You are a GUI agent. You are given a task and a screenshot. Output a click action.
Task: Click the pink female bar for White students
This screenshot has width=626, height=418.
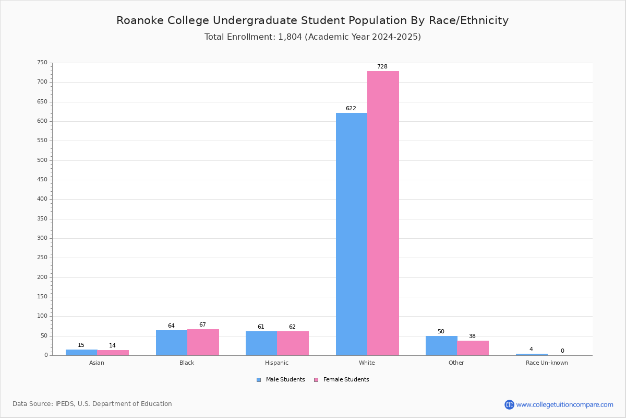(x=383, y=213)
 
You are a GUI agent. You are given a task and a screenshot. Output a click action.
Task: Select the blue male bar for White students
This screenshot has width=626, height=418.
(x=352, y=234)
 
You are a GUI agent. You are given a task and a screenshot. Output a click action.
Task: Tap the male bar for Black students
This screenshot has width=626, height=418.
(x=172, y=343)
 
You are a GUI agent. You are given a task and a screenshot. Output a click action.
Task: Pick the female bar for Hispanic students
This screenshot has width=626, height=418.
(x=293, y=343)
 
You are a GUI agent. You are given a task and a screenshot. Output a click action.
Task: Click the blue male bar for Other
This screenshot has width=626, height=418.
(x=441, y=345)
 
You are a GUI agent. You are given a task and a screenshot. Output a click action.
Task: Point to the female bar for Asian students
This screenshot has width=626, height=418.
(x=113, y=353)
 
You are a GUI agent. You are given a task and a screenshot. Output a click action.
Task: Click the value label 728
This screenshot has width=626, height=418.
(x=382, y=66)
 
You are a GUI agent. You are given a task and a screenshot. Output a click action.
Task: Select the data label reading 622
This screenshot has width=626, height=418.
(x=351, y=108)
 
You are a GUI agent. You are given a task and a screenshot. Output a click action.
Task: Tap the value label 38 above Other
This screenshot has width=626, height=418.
(x=472, y=336)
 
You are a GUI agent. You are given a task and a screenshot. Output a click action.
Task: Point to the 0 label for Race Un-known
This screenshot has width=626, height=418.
(x=562, y=351)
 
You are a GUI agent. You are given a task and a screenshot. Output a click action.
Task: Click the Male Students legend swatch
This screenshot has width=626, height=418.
(x=259, y=380)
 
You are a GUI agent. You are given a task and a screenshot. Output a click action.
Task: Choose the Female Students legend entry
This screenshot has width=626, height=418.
(x=342, y=380)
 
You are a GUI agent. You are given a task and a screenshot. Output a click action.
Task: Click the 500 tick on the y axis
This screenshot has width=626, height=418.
(x=42, y=160)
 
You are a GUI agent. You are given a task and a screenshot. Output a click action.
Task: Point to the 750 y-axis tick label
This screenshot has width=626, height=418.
(x=42, y=62)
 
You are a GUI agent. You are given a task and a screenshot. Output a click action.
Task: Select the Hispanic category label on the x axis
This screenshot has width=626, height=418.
(x=276, y=363)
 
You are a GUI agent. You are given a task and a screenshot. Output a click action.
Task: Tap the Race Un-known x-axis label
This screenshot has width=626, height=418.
(x=547, y=363)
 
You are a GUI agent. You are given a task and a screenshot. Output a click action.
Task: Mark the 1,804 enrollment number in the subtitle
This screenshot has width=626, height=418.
(x=290, y=37)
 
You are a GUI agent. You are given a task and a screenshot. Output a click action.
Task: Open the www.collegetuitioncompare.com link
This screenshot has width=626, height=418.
(x=565, y=404)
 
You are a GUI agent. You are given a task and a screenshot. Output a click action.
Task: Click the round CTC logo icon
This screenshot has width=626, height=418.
(x=509, y=404)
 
